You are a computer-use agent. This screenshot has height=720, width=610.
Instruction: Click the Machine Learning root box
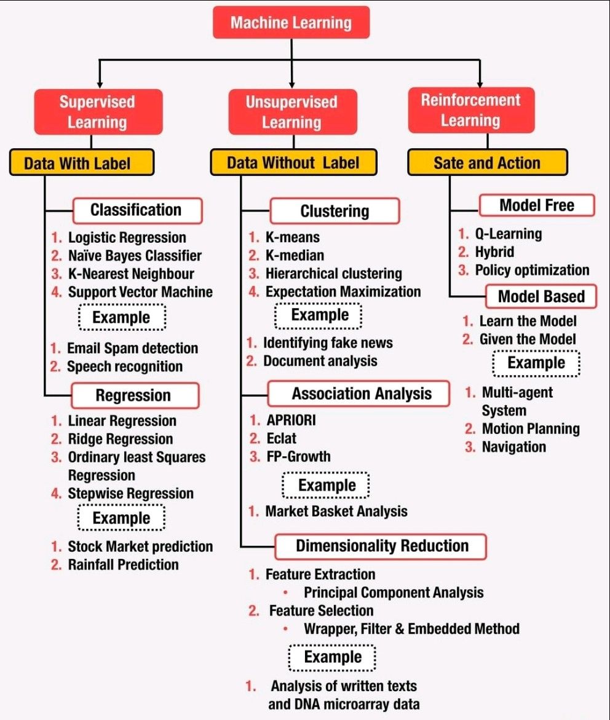(x=291, y=22)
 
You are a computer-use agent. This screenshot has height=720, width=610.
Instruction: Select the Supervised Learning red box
(x=98, y=112)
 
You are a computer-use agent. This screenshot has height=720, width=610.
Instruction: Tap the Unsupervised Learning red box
(x=293, y=112)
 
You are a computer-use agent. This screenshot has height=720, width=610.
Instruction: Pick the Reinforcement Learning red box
(x=471, y=110)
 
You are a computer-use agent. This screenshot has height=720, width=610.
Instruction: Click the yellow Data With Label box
(x=82, y=162)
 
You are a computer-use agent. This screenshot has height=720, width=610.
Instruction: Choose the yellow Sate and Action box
(x=488, y=162)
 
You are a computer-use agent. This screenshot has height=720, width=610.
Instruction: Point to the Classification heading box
(x=137, y=210)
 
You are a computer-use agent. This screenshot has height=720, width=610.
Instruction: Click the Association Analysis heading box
(x=358, y=394)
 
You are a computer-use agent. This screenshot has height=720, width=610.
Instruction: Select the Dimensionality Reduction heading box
(x=381, y=547)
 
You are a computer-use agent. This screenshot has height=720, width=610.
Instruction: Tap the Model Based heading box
(x=541, y=296)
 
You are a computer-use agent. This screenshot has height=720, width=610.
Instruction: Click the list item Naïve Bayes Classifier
(x=135, y=255)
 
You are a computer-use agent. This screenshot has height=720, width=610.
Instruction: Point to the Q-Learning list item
(x=509, y=234)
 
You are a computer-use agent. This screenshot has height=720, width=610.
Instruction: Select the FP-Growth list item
(x=299, y=456)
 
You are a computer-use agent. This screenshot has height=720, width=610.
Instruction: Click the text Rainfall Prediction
(x=123, y=564)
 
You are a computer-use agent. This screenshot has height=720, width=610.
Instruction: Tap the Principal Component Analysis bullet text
(x=394, y=592)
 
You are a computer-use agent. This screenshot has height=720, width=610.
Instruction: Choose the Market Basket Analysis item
(x=336, y=511)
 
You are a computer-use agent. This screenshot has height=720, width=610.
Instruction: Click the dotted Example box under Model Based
(x=536, y=363)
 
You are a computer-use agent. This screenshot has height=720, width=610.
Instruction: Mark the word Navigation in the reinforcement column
(x=514, y=447)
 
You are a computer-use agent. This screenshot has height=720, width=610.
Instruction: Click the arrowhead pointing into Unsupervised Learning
(x=291, y=84)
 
